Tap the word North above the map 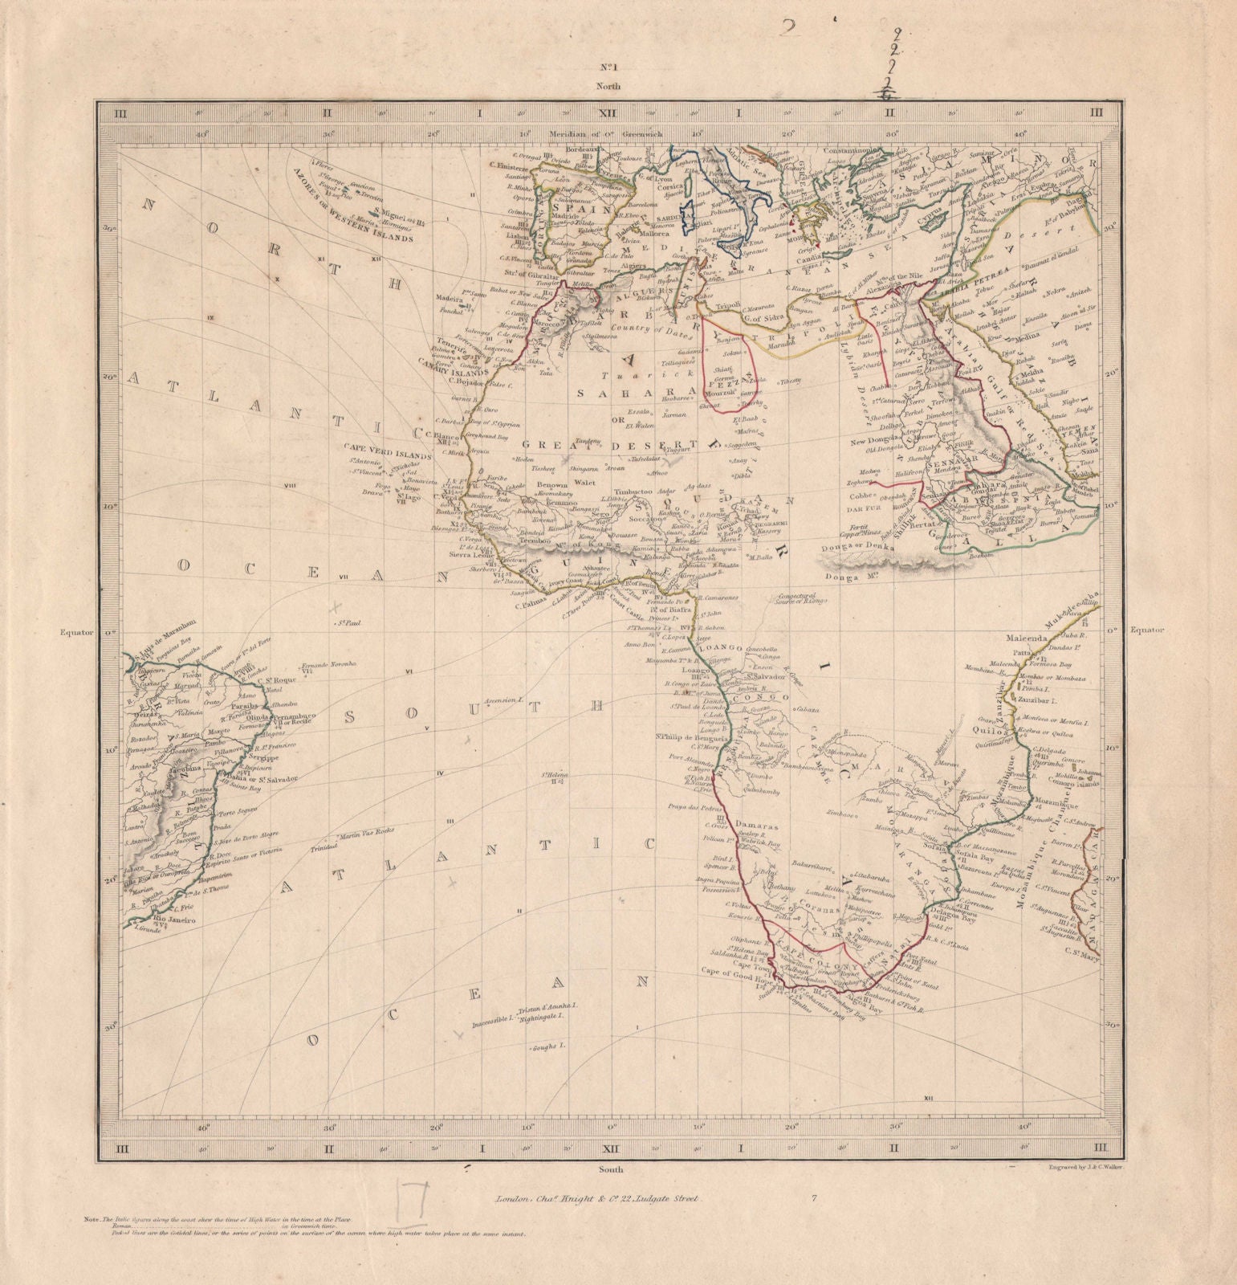608,84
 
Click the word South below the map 610,1169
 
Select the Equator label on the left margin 77,632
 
